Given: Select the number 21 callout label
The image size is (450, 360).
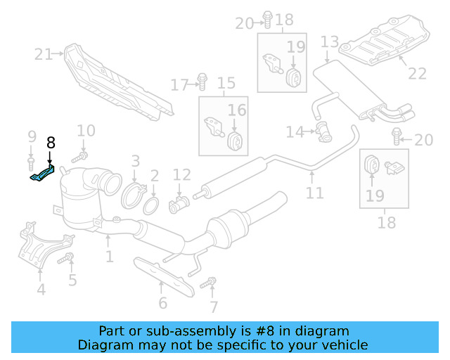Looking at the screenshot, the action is coord(43,53).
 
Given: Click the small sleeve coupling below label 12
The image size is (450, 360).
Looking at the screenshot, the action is coord(179,205).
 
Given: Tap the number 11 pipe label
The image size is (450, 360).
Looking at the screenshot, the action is coord(315,193).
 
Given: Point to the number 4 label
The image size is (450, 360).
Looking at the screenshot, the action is coord(41,289).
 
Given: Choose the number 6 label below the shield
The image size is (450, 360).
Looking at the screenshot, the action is coord(162,304).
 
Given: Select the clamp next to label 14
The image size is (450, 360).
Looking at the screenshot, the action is coord(323,129).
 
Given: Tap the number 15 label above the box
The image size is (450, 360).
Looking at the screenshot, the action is coord(226,84).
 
